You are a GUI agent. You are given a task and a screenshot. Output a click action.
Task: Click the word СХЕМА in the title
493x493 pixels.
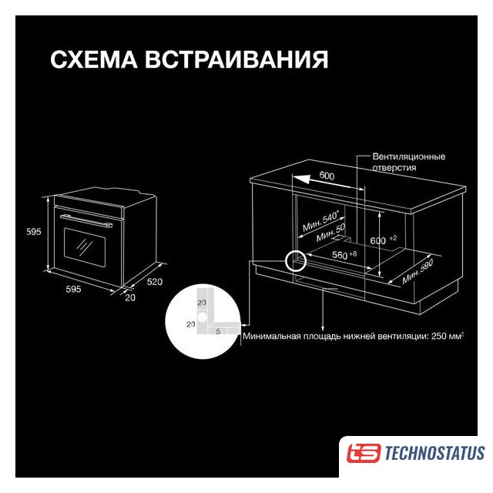click(94, 59)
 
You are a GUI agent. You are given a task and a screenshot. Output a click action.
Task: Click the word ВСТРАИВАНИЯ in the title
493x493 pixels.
click(236, 59)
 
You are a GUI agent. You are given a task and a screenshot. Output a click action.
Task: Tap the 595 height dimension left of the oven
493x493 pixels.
click(34, 232)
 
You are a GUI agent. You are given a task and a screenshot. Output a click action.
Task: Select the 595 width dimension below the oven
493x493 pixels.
click(73, 289)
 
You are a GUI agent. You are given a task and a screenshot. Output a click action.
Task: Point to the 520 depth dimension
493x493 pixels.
click(155, 282)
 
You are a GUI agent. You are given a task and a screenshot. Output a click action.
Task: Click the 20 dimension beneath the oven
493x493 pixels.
click(130, 297)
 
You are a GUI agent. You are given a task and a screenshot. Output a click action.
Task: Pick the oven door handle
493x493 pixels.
click(86, 220)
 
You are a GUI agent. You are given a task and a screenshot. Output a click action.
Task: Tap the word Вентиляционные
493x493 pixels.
click(409, 156)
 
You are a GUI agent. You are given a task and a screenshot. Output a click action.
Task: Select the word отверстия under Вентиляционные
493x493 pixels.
click(394, 168)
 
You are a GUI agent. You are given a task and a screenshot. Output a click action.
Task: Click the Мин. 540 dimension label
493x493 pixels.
click(320, 221)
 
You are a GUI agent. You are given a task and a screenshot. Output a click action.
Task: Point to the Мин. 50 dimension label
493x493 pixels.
click(330, 233)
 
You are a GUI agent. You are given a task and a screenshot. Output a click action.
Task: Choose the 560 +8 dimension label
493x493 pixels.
click(344, 254)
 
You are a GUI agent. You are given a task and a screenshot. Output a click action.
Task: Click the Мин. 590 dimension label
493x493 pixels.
click(418, 272)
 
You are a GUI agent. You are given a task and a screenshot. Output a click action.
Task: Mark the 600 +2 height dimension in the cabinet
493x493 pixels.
click(384, 240)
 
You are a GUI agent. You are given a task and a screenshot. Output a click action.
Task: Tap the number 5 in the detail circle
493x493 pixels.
click(218, 331)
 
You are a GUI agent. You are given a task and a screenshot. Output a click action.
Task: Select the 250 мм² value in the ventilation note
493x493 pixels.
click(448, 336)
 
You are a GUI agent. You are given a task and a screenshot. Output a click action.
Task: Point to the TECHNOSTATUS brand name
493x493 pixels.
click(434, 453)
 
